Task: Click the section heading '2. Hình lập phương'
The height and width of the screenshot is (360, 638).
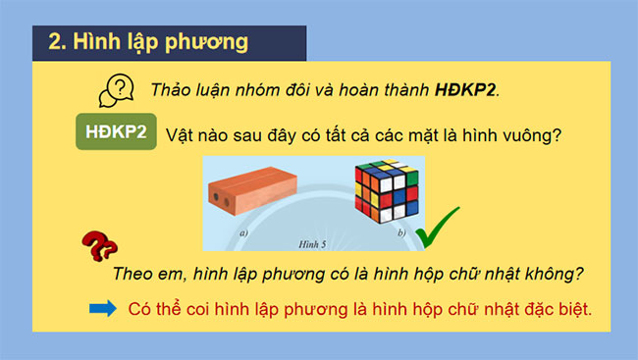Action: click(147, 43)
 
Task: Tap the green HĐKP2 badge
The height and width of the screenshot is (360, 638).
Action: click(117, 132)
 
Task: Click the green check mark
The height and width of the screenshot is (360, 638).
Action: click(438, 233)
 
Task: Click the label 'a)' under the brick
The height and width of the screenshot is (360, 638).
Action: click(241, 234)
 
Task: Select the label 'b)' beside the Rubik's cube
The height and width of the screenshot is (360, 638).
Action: click(401, 234)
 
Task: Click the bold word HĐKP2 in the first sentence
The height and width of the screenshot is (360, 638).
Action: click(466, 90)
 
